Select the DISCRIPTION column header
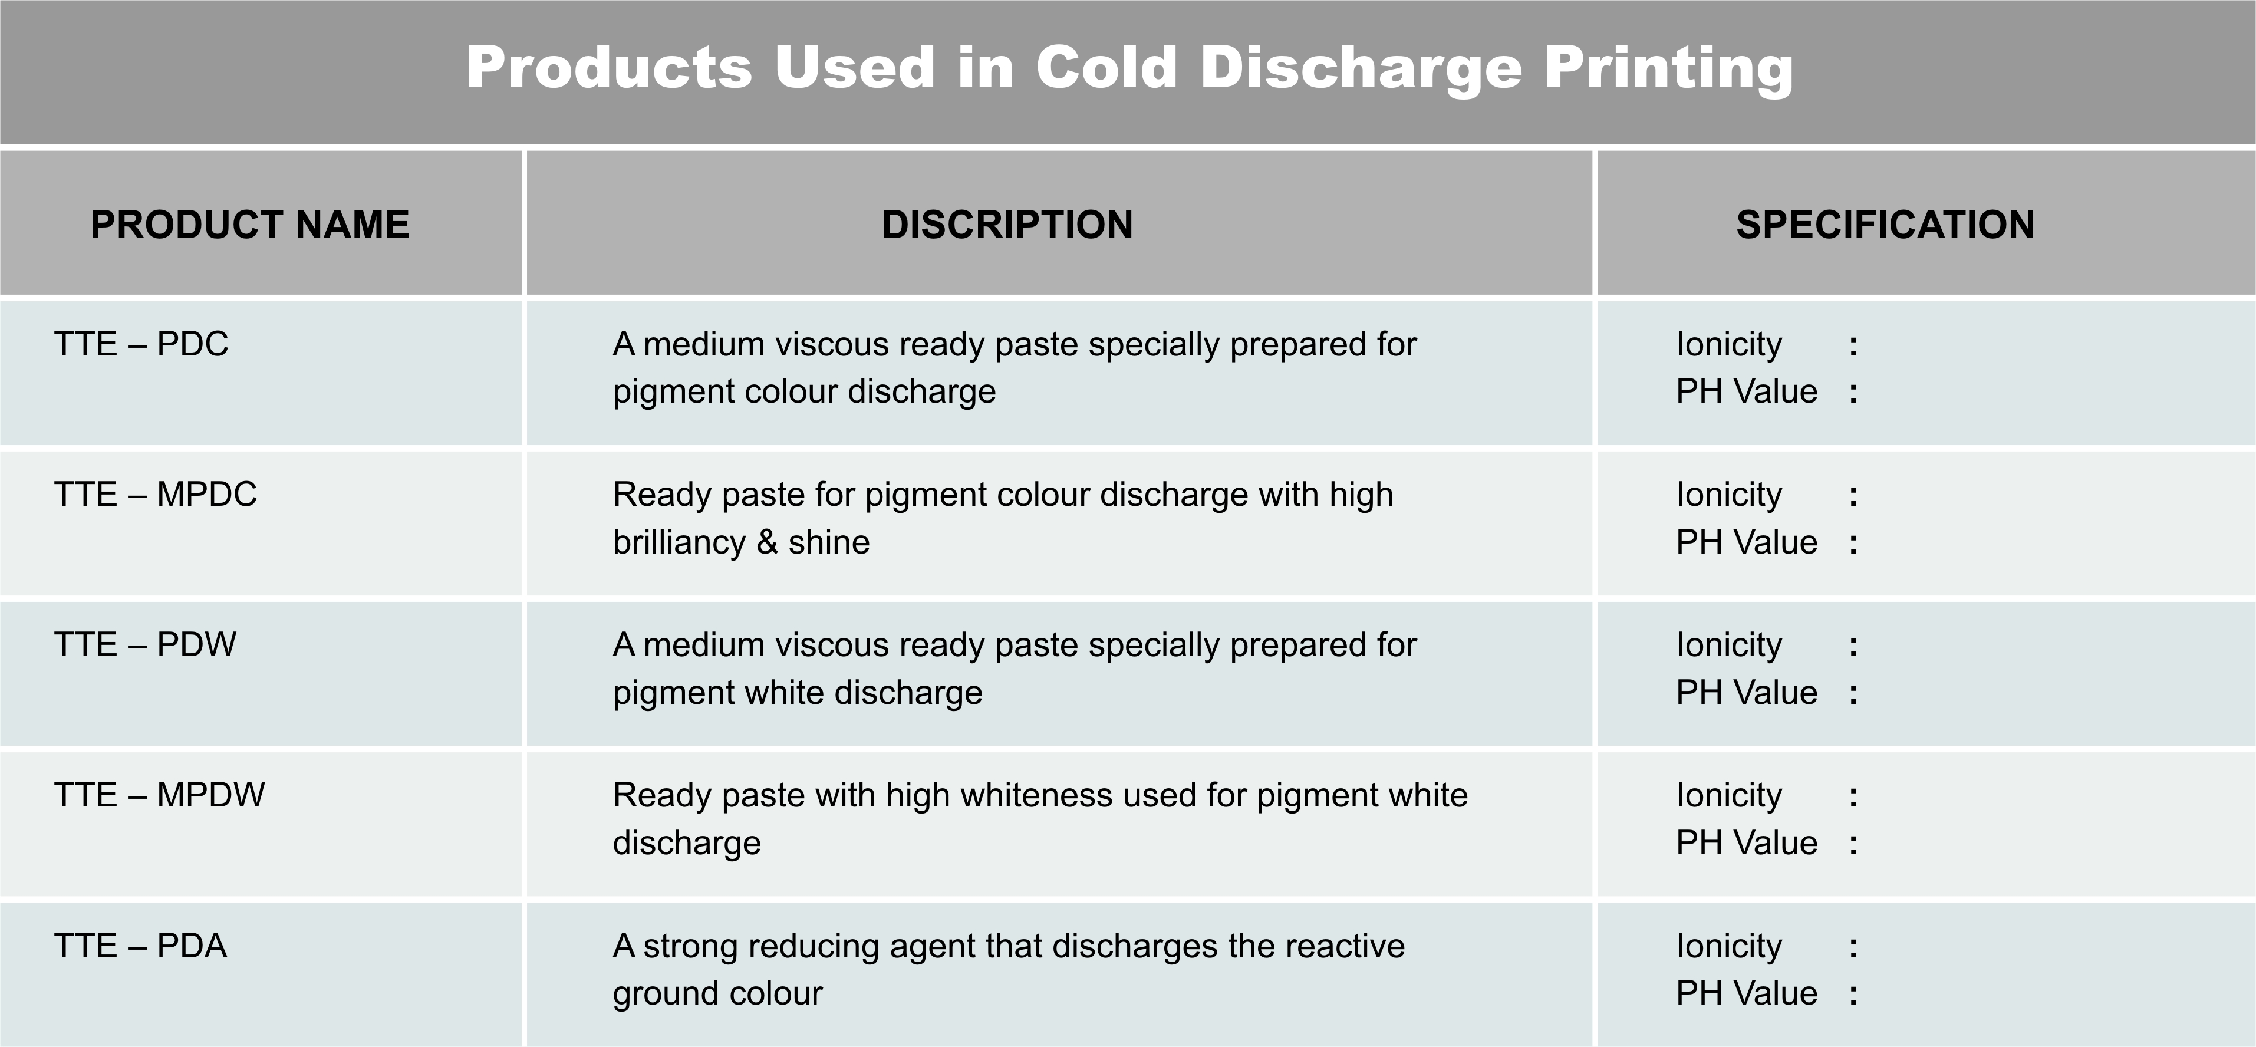(x=1007, y=224)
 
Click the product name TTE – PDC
(x=141, y=344)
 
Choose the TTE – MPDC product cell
(x=156, y=494)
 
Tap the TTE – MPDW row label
(x=159, y=795)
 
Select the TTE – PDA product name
(x=140, y=946)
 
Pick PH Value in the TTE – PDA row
(x=1746, y=993)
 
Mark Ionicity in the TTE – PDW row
(x=1729, y=646)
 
